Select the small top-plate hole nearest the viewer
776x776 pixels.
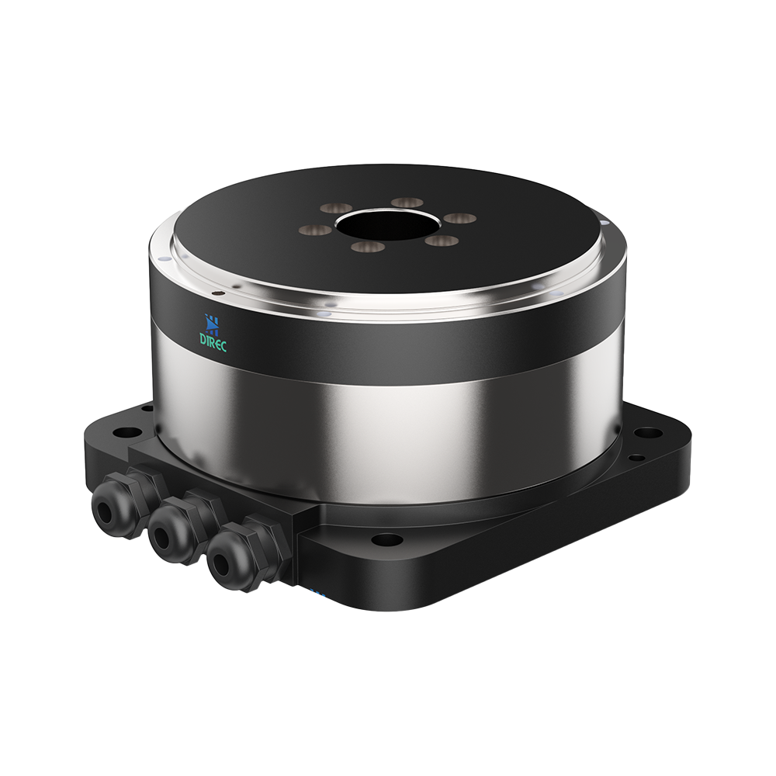pos(367,248)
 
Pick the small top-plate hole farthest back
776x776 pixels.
pos(407,203)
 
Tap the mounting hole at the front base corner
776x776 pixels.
pos(386,539)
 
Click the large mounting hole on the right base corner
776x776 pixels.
pos(649,433)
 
